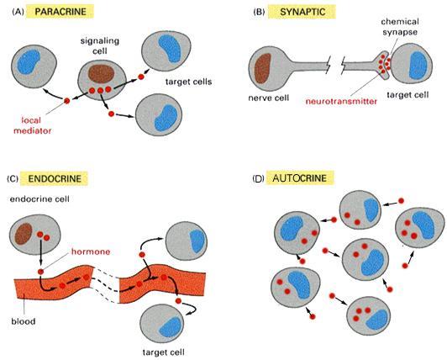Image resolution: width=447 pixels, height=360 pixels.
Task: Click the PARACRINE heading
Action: point(60,12)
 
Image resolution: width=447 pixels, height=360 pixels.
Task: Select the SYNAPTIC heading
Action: point(302,12)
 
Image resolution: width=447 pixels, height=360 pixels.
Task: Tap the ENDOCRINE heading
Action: point(55,178)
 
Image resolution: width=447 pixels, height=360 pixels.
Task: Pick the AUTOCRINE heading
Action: point(299,178)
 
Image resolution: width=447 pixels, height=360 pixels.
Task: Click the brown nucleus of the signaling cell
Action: point(101,74)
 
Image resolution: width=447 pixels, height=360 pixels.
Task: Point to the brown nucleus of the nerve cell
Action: point(262,68)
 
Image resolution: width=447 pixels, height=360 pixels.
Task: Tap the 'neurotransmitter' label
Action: point(341,101)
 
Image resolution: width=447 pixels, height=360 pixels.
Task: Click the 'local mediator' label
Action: point(33,125)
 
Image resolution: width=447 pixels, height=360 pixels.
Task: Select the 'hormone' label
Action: point(91,251)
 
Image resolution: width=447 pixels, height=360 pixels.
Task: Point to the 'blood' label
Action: point(24,321)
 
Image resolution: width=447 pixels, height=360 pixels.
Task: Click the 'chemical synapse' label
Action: point(400,27)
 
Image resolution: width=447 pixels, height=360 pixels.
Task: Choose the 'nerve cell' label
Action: point(269,98)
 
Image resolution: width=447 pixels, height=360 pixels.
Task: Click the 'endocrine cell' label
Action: point(39,199)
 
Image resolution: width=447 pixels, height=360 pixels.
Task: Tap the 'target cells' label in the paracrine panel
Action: point(188,82)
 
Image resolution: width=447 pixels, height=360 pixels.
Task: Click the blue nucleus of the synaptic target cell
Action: point(418,66)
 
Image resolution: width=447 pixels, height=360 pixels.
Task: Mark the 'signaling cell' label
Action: point(99,45)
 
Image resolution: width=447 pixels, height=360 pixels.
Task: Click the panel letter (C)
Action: point(13,178)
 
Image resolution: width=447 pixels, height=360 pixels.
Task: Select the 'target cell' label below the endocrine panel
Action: point(163,352)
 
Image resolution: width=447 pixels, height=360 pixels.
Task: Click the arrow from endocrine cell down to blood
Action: point(41,252)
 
